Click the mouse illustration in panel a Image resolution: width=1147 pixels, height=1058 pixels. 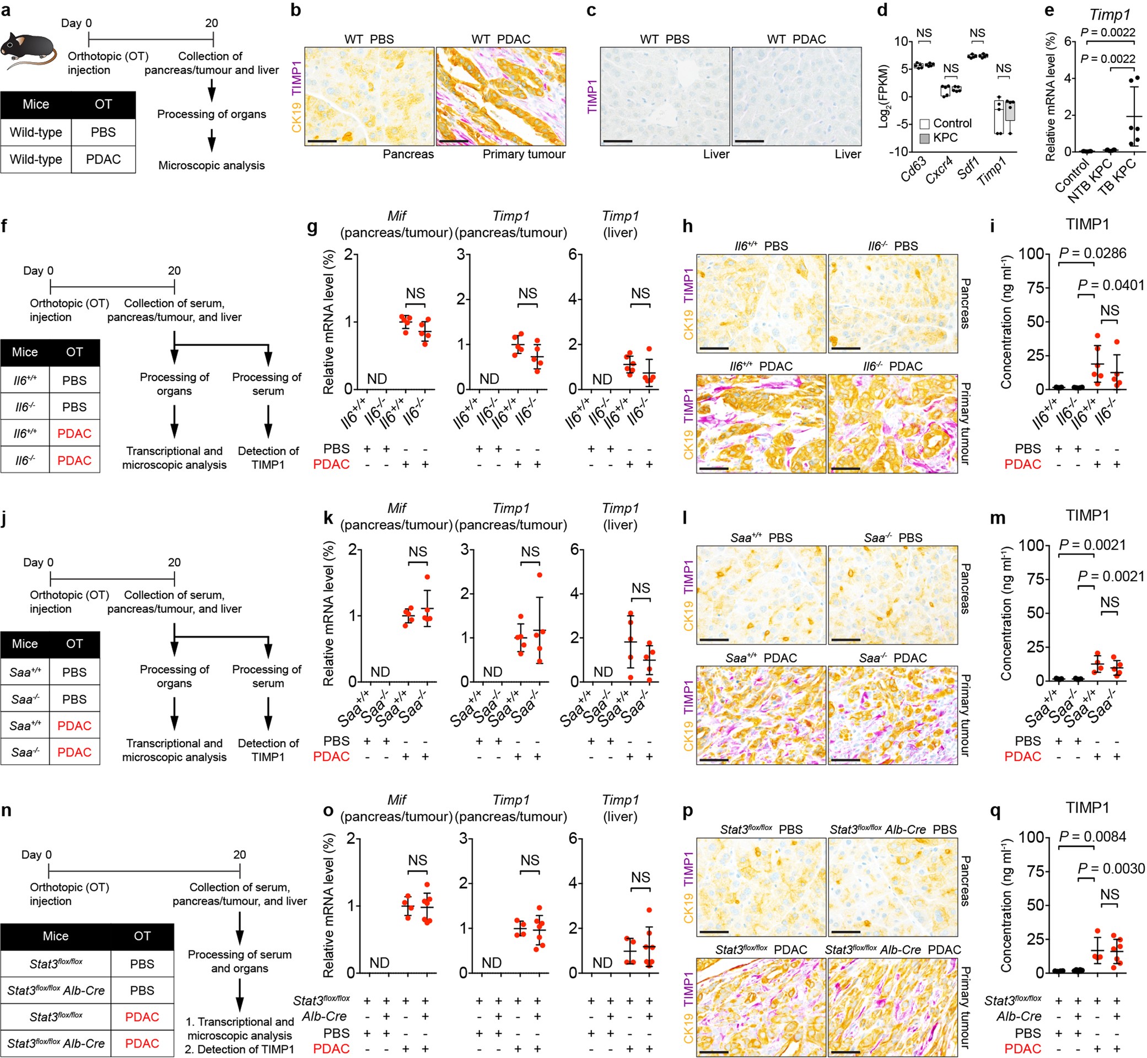pos(29,50)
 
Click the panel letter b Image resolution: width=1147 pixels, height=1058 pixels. pos(296,10)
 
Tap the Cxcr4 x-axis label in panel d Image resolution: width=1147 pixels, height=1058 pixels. pos(939,170)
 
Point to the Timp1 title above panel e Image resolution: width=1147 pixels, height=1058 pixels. pos(1109,14)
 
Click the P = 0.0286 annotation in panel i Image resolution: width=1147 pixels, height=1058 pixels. pos(1092,253)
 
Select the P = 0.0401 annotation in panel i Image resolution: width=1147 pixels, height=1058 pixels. pos(1111,285)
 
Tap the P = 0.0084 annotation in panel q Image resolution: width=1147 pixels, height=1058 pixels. pos(1092,836)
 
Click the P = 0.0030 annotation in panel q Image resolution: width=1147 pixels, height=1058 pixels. pos(1111,868)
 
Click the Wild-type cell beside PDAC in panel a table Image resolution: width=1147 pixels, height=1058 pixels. pos(36,159)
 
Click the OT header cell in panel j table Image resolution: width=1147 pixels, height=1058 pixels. pos(74,643)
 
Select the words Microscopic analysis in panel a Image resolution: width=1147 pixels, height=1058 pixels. pos(211,165)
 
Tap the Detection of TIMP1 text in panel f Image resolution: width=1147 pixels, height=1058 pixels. pos(268,458)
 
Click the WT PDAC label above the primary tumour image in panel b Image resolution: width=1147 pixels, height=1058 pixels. pos(501,39)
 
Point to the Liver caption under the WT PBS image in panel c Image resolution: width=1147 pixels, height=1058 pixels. pos(716,154)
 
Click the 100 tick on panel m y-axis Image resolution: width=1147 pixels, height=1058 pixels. pos(1030,545)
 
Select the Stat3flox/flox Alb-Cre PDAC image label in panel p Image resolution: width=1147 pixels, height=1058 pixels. pos(892,950)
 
